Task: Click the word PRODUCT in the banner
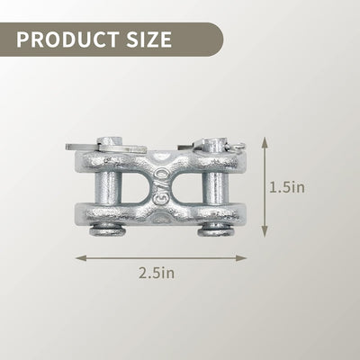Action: tap(67, 40)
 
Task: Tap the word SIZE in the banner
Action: tap(149, 40)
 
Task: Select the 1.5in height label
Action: tap(287, 187)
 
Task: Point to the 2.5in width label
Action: tap(157, 273)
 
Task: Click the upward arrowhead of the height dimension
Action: tap(265, 142)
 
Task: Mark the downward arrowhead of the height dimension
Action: tap(265, 231)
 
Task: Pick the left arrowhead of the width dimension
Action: tap(81, 258)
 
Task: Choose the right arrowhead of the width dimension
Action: tap(241, 258)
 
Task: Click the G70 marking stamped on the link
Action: tap(160, 186)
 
